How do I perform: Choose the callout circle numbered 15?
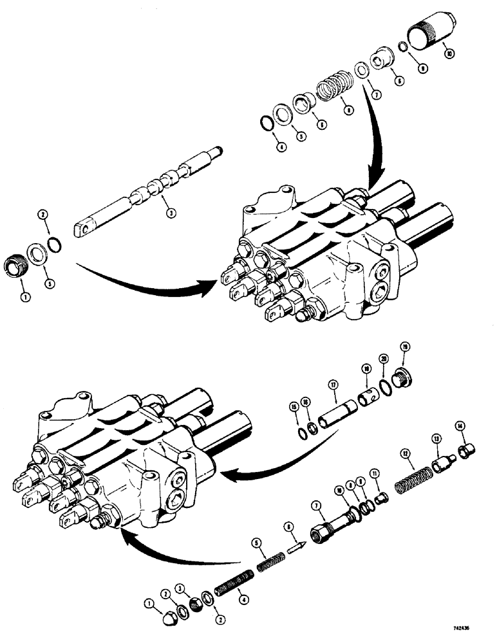[295, 407]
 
